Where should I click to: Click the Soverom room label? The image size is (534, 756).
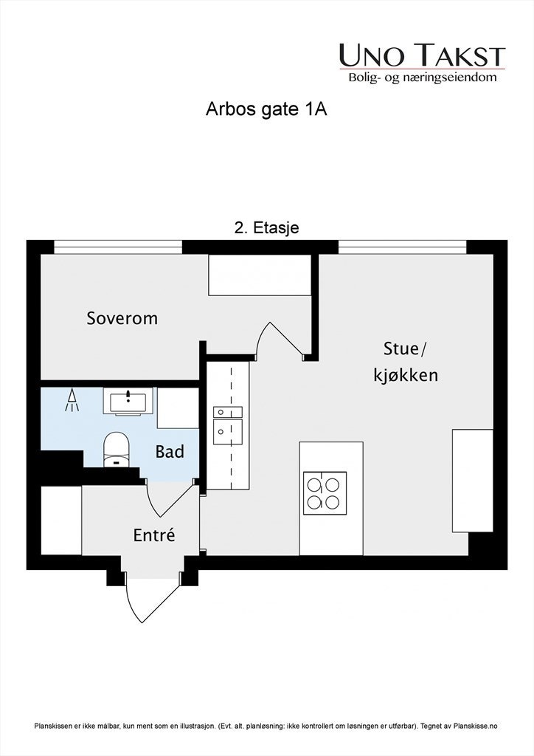[122, 318]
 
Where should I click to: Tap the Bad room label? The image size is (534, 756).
[170, 451]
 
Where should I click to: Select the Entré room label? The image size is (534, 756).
[154, 535]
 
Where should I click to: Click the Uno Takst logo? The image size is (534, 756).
[422, 63]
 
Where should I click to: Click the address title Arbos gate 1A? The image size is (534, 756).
[266, 110]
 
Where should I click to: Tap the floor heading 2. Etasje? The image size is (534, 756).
[266, 228]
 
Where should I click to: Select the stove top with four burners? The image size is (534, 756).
[325, 492]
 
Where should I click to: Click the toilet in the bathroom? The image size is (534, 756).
[116, 449]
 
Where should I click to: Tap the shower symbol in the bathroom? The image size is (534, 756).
[72, 400]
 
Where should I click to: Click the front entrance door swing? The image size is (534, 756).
[150, 598]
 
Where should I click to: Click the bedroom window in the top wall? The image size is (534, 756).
[118, 247]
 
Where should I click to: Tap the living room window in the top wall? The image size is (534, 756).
[402, 247]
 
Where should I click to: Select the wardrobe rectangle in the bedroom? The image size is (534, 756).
[259, 276]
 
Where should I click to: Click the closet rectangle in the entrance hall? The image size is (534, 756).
[60, 520]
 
